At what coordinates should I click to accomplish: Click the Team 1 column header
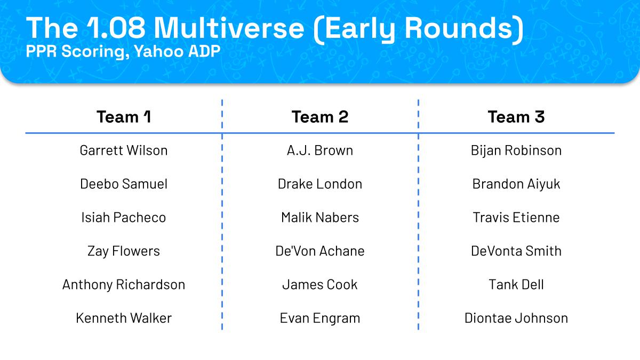[x=124, y=117]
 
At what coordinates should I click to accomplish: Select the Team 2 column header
[x=320, y=117]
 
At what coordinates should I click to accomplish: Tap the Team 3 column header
[x=516, y=117]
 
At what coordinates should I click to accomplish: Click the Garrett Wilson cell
[x=124, y=150]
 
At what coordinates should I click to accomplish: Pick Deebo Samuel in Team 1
[x=124, y=183]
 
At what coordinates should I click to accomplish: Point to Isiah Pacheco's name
[x=124, y=218]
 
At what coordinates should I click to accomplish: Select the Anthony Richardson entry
[x=124, y=285]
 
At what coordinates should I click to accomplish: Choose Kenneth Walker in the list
[x=124, y=318]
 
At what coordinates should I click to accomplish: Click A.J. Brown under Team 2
[x=320, y=150]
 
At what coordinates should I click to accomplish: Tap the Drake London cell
[x=320, y=183]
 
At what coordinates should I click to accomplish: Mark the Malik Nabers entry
[x=320, y=218]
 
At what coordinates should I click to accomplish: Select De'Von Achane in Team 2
[x=320, y=251]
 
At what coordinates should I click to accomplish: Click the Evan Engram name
[x=320, y=318]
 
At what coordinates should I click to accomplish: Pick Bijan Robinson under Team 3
[x=516, y=150]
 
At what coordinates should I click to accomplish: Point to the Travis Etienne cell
[x=516, y=218]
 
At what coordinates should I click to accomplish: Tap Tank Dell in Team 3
[x=516, y=285]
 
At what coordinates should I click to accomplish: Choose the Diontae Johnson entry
[x=516, y=318]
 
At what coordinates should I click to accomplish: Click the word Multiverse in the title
[x=229, y=28]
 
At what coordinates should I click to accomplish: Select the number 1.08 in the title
[x=116, y=28]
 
